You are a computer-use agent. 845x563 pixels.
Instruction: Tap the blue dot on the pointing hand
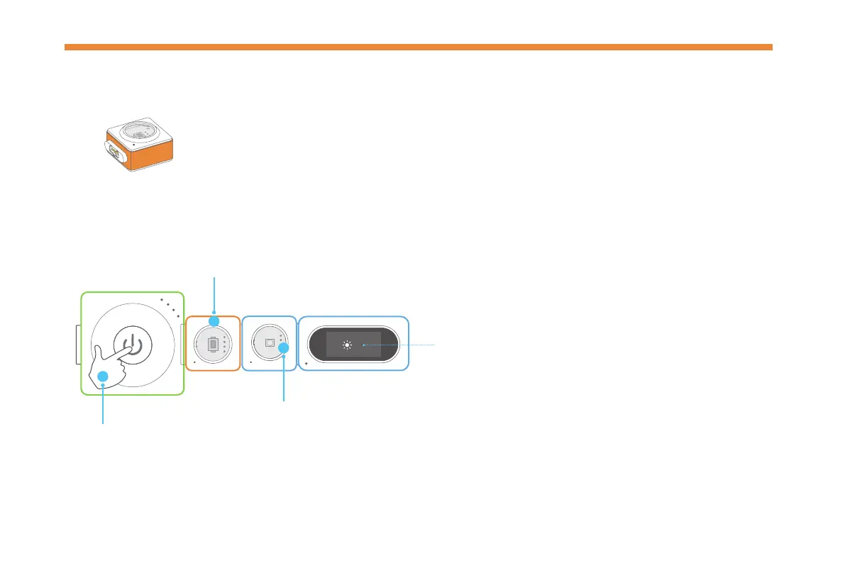coord(103,377)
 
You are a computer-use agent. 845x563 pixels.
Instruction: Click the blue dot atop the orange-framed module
coord(214,321)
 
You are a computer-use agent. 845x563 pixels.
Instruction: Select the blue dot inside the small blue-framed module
coord(284,347)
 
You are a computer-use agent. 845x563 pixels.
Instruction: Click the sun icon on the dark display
coord(346,345)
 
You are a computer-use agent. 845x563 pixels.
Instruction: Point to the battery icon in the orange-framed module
coord(212,345)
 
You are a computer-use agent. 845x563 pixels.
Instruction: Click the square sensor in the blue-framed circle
coord(269,342)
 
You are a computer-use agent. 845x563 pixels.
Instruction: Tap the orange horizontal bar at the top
coord(419,48)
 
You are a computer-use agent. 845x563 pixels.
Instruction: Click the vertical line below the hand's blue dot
coord(103,404)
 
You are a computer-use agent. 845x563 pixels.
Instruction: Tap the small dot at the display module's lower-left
coord(306,363)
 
